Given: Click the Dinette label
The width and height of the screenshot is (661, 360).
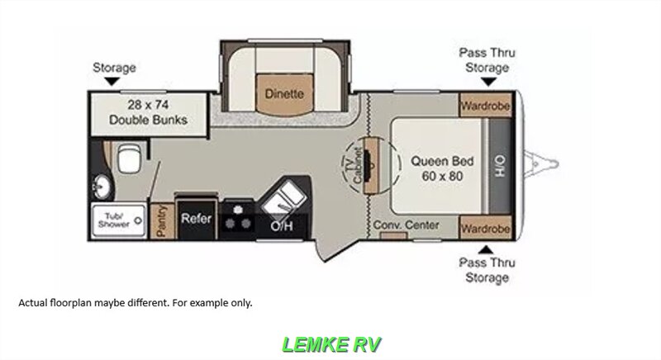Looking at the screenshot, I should tap(284, 94).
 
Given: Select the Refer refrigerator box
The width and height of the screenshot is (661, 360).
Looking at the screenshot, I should tap(196, 220).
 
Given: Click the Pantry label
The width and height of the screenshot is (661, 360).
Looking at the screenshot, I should tap(161, 221).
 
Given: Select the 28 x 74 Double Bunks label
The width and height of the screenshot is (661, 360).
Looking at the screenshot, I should tap(149, 113).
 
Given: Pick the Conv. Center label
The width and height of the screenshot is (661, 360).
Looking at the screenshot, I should tap(405, 225).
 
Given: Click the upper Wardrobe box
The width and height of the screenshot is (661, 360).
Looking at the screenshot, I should tap(486, 106).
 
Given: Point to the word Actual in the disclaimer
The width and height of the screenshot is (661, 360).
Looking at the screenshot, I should tap(35, 302).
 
